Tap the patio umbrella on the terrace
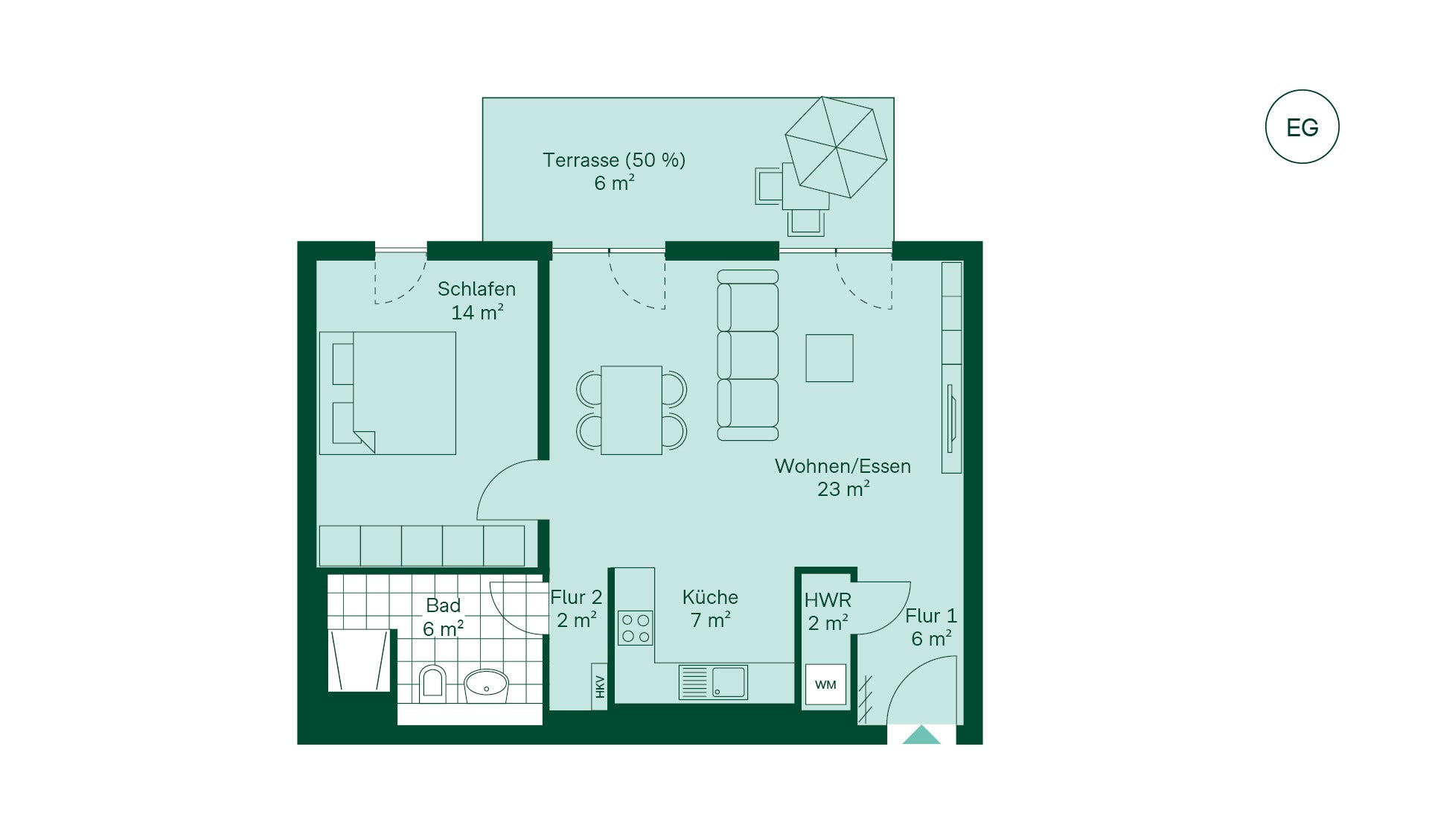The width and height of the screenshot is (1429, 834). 836,147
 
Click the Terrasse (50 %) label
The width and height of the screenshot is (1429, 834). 614,160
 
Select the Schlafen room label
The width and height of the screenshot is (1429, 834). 476,289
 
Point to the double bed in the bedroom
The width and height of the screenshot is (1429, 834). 387,393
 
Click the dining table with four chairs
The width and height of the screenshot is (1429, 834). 631,410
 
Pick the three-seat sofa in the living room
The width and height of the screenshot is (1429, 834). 748,355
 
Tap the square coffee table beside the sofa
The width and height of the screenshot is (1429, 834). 829,358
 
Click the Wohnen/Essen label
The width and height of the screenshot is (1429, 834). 843,466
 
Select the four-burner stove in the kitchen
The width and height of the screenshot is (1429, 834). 635,628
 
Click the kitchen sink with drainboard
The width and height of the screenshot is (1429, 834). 713,682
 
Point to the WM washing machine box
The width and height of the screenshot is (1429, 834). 825,685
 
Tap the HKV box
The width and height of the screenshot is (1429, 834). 600,686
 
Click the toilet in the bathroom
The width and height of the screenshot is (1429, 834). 432,684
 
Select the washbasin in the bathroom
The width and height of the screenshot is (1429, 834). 486,686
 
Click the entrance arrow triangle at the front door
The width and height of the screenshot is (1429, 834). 921,735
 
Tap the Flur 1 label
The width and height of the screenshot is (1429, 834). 931,617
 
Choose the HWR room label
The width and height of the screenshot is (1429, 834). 828,600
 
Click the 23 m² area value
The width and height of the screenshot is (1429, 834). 843,489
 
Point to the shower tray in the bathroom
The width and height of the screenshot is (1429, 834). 359,660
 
